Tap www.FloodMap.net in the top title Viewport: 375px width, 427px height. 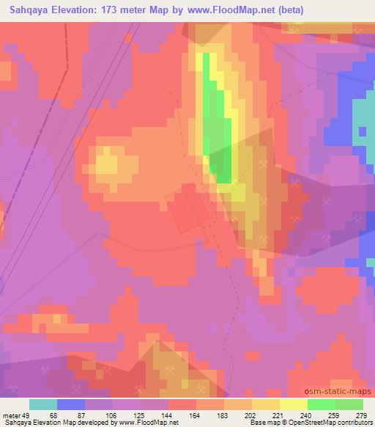pyautogui.click(x=226, y=10)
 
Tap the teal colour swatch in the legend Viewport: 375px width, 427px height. pyautogui.click(x=43, y=404)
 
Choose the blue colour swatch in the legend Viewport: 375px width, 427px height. pyautogui.click(x=71, y=404)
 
